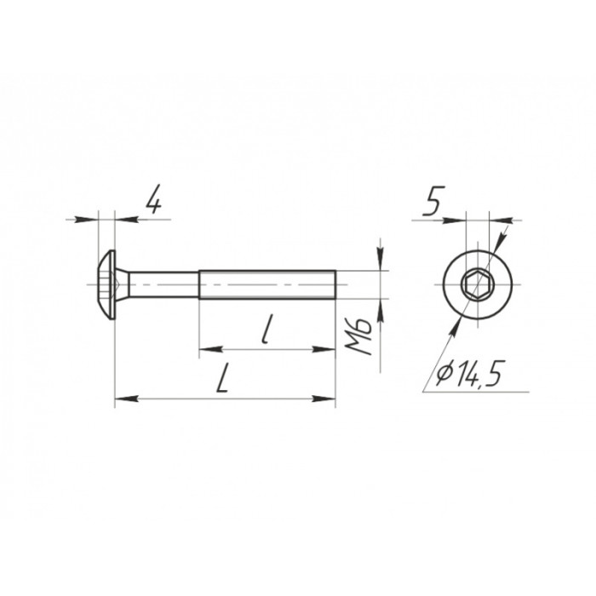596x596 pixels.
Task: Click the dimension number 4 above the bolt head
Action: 153,199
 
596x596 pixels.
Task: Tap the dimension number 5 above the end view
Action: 433,201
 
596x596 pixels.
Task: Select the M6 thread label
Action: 358,336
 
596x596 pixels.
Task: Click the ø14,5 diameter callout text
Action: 468,374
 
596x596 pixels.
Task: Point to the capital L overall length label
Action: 223,378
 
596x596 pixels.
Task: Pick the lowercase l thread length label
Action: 267,329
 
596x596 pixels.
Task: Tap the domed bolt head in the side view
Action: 106,284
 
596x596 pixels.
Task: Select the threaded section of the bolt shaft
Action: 267,284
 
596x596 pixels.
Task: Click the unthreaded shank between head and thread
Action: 163,284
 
